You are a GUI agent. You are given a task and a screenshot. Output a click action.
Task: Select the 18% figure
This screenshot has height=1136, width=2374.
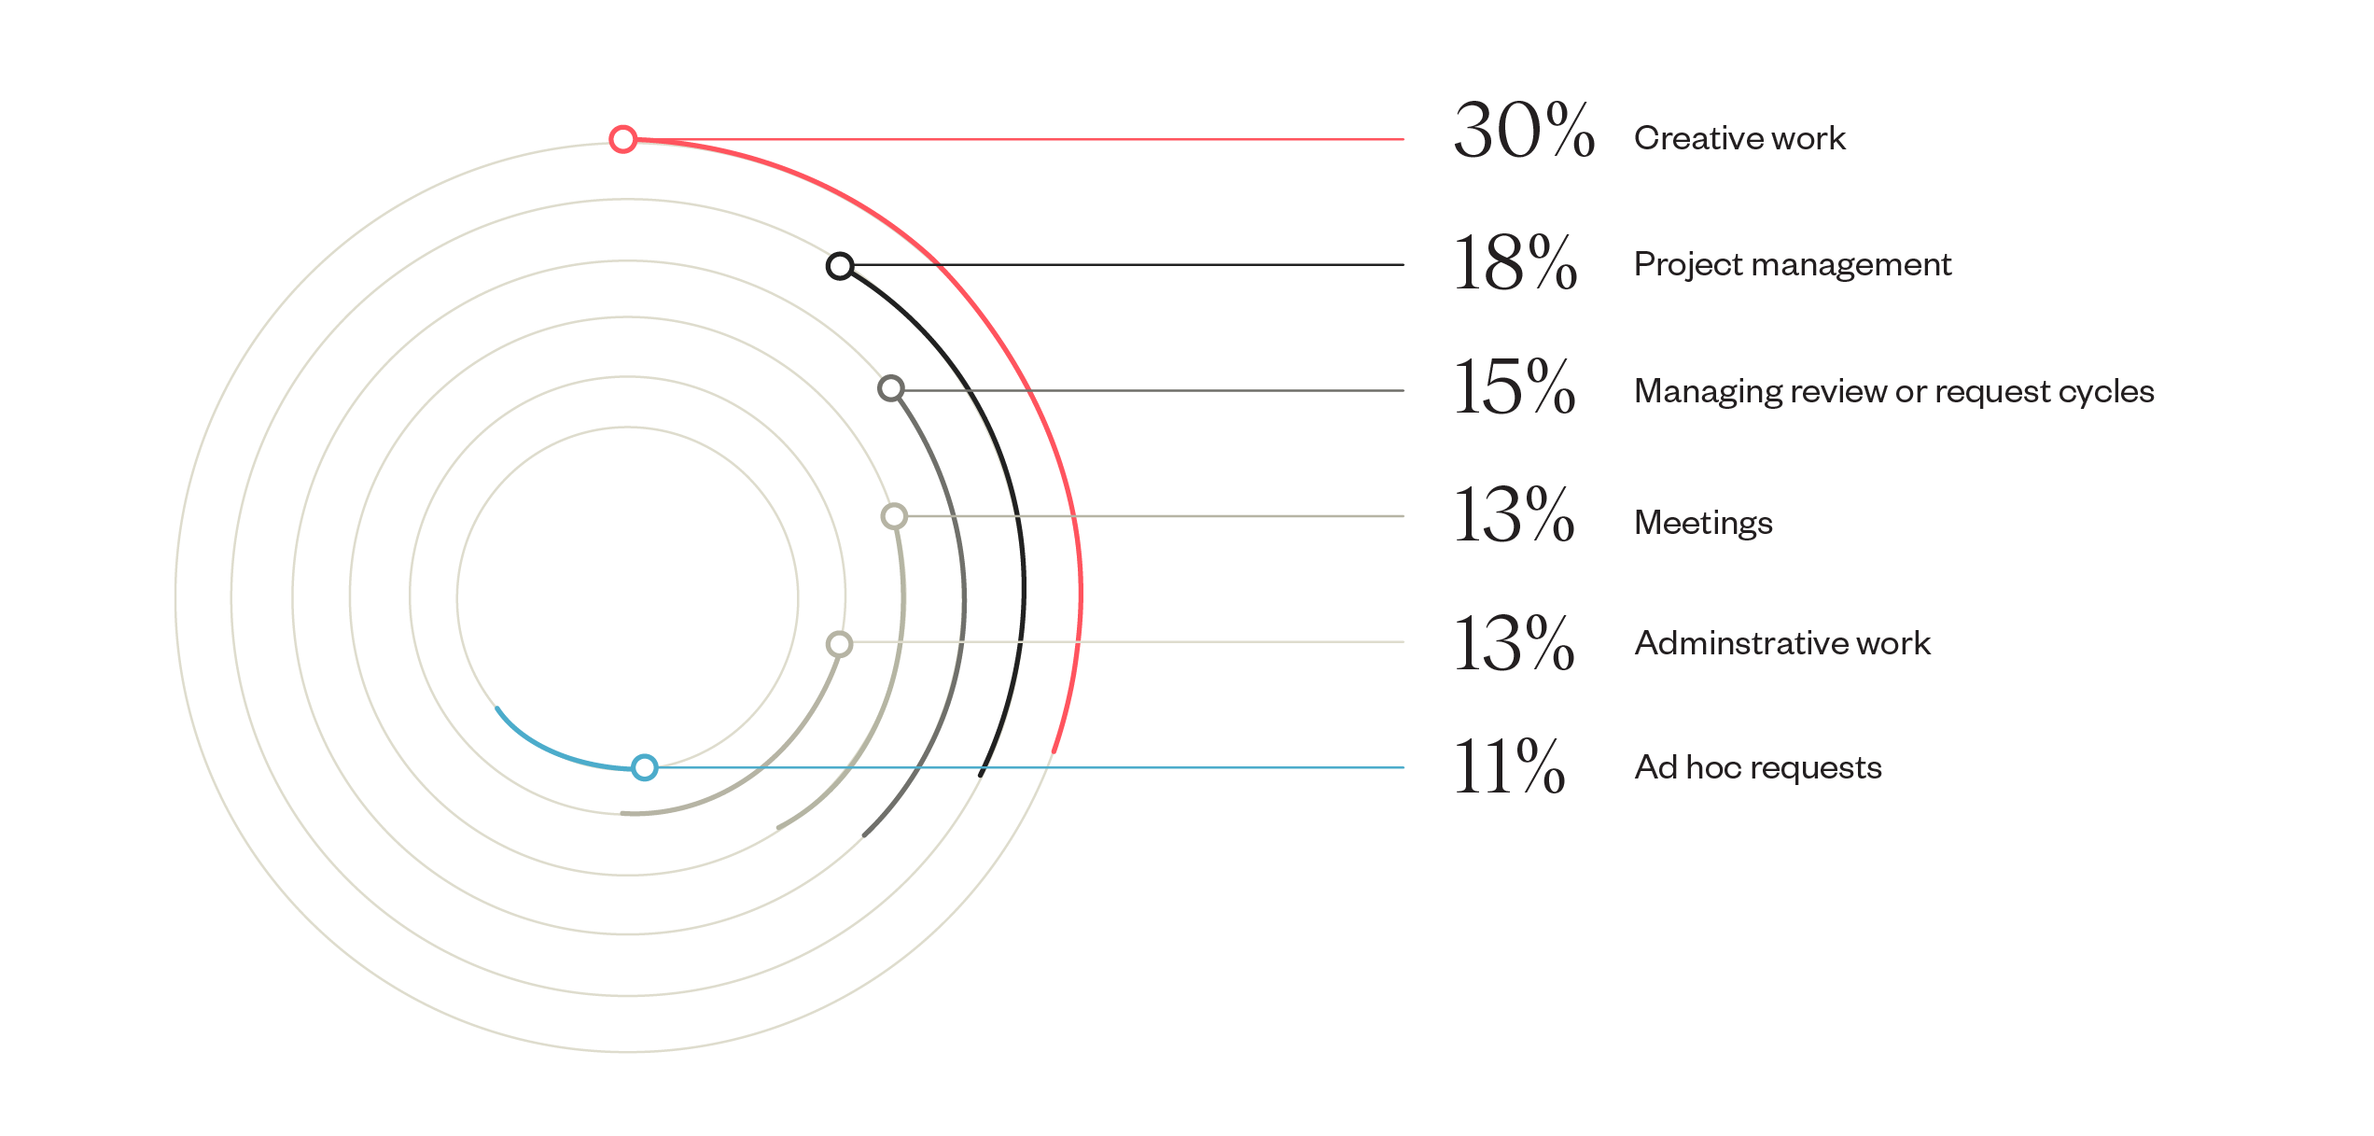click(x=1515, y=263)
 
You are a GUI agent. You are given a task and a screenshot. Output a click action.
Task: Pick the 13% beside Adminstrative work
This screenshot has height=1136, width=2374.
click(x=1514, y=643)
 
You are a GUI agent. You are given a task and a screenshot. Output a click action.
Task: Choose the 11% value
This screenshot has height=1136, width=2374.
click(x=1508, y=767)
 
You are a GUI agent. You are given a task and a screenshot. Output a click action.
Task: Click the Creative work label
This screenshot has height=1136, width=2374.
click(x=1739, y=138)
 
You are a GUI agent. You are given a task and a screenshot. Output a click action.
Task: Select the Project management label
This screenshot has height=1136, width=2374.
click(x=1792, y=264)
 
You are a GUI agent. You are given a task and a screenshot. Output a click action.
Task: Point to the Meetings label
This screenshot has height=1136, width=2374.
click(x=1703, y=523)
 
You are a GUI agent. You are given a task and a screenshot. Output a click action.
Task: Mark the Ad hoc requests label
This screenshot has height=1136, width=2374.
click(x=1758, y=767)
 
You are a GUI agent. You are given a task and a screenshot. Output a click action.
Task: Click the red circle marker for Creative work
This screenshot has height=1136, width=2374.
click(x=623, y=139)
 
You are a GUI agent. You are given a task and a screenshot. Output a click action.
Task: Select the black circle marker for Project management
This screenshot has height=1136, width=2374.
click(x=840, y=266)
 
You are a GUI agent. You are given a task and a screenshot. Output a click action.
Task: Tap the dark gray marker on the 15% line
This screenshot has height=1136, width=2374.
click(x=891, y=388)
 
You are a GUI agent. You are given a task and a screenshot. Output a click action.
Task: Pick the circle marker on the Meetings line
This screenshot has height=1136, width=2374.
click(x=894, y=516)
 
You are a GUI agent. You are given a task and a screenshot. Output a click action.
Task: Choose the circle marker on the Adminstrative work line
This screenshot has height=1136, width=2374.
click(x=840, y=644)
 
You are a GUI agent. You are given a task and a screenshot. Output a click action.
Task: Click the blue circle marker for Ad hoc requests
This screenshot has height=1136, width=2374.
click(x=645, y=767)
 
